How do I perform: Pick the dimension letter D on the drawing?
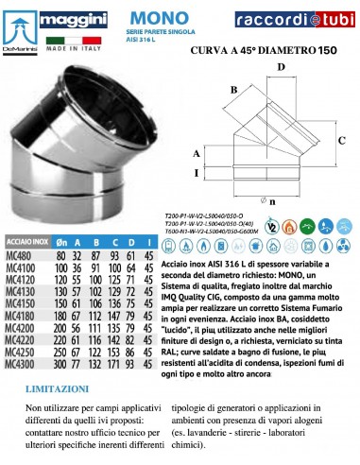(281, 67)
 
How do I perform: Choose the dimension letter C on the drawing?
(341, 138)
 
